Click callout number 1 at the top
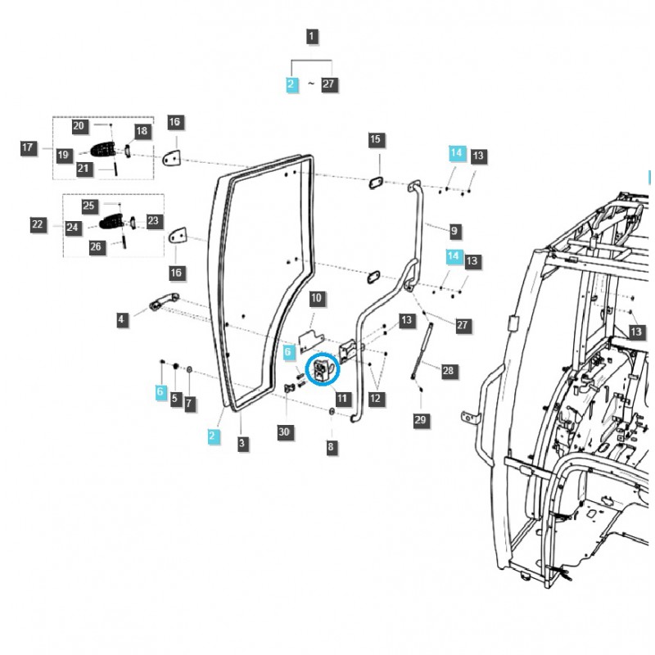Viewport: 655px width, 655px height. pos(313,36)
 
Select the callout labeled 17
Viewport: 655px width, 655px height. pos(28,148)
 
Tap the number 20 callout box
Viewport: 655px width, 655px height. pos(79,126)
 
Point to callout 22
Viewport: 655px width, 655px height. pos(38,224)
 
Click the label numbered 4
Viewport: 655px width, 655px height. pos(122,318)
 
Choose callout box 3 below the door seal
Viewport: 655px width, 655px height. pos(242,443)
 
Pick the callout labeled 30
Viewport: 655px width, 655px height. pos(284,431)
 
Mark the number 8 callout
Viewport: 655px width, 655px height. pos(331,447)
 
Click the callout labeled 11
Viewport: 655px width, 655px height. pos(342,399)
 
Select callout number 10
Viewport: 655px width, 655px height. pos(316,299)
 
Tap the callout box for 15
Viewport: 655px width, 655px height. pos(375,140)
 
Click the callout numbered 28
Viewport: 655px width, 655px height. pos(449,371)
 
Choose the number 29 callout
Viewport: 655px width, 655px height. pos(421,420)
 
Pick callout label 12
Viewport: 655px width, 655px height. pos(375,399)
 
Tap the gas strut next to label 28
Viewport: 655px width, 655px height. pos(421,350)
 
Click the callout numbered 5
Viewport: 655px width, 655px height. pos(174,398)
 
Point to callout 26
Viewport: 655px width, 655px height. pos(96,246)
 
